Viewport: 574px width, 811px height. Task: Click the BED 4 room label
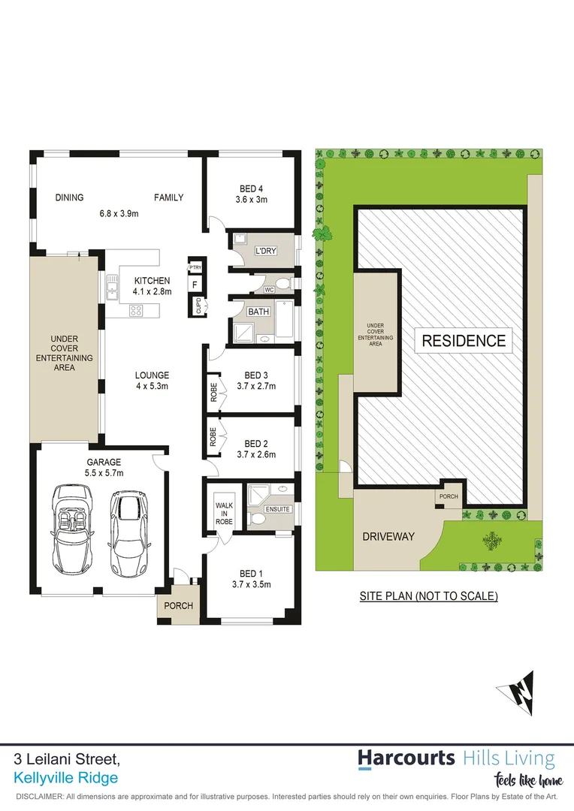(252, 188)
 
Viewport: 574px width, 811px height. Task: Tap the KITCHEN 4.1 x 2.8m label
(152, 286)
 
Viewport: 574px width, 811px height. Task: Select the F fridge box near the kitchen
(195, 285)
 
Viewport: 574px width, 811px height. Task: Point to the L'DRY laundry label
(266, 251)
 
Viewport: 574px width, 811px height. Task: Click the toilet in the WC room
(282, 284)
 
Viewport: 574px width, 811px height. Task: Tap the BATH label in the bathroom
(258, 311)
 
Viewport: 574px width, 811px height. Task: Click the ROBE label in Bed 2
(213, 437)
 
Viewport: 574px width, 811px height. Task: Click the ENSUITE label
(277, 509)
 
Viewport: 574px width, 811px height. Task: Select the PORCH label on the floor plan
(178, 605)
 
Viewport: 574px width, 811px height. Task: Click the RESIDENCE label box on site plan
(464, 340)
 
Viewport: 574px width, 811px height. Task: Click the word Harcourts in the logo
(406, 758)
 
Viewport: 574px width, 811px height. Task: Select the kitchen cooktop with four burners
(136, 310)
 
